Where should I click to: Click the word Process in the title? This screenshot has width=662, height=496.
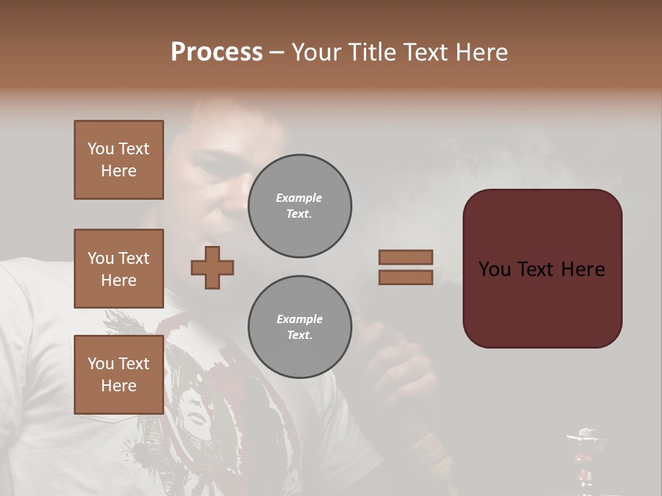pyautogui.click(x=217, y=52)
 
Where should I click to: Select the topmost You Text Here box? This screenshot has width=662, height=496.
pyautogui.click(x=119, y=160)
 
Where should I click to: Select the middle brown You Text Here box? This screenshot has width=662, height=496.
pyautogui.click(x=119, y=269)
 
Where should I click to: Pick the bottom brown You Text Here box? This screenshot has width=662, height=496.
pyautogui.click(x=119, y=374)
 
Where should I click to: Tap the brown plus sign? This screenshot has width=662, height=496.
pyautogui.click(x=212, y=267)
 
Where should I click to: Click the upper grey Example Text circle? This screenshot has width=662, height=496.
pyautogui.click(x=299, y=206)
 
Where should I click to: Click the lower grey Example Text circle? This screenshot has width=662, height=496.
pyautogui.click(x=299, y=327)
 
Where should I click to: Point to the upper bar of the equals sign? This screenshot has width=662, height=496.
pyautogui.click(x=406, y=257)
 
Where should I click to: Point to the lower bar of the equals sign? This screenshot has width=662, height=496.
pyautogui.click(x=406, y=277)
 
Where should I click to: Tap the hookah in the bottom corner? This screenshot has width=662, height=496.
pyautogui.click(x=583, y=458)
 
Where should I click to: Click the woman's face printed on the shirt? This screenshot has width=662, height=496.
pyautogui.click(x=197, y=413)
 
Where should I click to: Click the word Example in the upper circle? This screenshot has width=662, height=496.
pyautogui.click(x=299, y=198)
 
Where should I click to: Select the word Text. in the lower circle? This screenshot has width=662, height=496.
pyautogui.click(x=299, y=335)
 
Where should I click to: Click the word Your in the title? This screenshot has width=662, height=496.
pyautogui.click(x=318, y=52)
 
